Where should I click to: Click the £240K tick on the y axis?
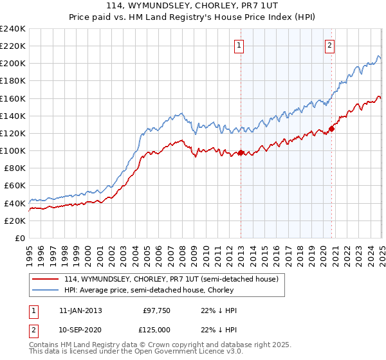13,29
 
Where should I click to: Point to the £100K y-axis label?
13,150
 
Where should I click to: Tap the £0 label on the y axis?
20,238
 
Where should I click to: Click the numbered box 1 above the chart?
239,45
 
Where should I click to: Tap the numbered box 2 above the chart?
329,45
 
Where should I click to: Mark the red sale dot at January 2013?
241,153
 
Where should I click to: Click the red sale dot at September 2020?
332,129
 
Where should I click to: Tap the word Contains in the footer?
45,346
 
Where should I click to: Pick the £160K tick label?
13,98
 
